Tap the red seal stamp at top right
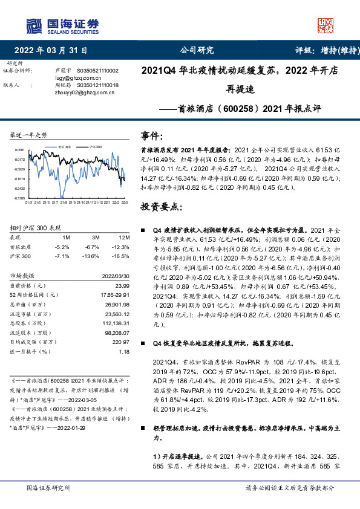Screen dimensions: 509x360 [x=326, y=25]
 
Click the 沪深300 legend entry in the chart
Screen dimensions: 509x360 [x=94, y=147]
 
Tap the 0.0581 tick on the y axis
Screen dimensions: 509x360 [x=21, y=149]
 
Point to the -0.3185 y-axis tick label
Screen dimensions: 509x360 [x=20, y=198]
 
